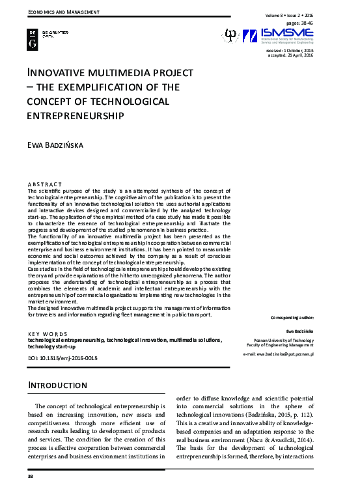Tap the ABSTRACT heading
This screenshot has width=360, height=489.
tap(45, 184)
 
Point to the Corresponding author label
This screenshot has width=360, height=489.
tap(291, 317)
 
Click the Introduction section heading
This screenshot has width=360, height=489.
tap(58, 385)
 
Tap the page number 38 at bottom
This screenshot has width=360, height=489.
tap(30, 477)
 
